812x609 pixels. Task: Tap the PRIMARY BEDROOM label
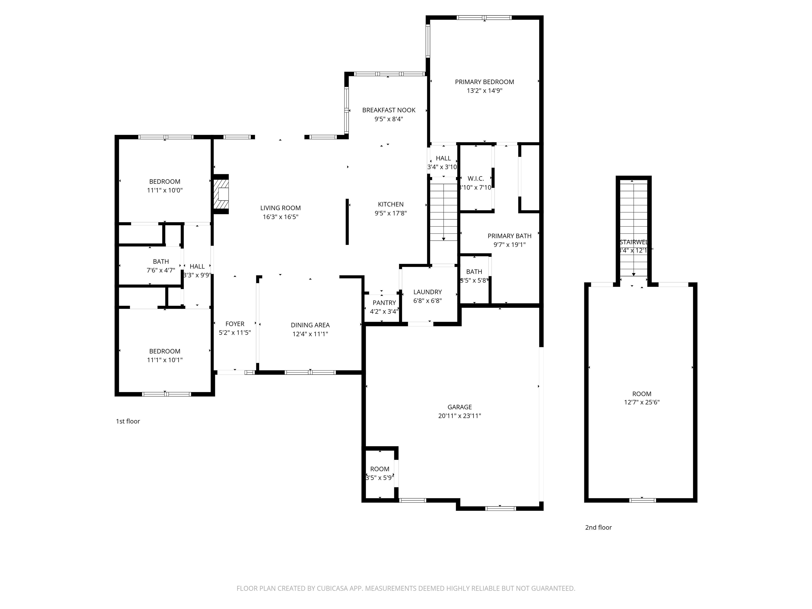484,82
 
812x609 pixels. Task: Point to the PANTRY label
384,303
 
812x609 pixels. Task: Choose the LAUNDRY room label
427,292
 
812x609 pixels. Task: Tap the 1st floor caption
128,421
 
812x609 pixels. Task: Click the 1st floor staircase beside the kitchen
444,213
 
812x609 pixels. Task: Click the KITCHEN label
391,205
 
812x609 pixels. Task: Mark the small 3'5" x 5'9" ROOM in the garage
380,474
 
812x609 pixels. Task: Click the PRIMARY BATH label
509,236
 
